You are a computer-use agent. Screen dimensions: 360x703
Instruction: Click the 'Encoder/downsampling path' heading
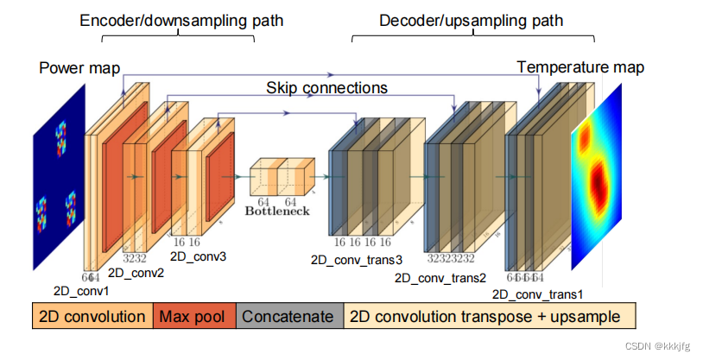tap(180, 20)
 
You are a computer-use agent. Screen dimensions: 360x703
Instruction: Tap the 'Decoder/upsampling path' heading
tap(471, 20)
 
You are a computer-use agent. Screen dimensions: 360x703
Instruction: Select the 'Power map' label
tap(79, 67)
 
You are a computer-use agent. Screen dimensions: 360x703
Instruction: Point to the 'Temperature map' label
tap(579, 67)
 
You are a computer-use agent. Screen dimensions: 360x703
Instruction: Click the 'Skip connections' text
tap(326, 87)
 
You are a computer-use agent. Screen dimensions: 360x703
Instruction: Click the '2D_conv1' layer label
tap(79, 291)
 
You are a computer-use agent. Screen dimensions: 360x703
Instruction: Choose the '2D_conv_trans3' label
tap(356, 259)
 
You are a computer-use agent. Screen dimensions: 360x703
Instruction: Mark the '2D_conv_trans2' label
tap(440, 278)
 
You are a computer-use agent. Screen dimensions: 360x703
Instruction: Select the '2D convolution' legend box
tap(92, 316)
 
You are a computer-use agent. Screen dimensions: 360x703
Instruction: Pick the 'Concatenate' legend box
tap(288, 316)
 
